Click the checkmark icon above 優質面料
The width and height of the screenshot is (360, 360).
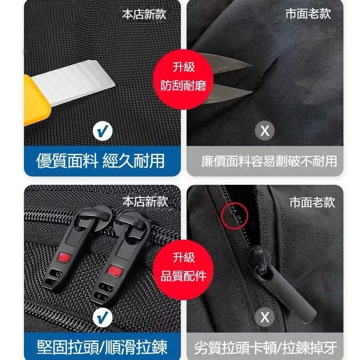[102, 130]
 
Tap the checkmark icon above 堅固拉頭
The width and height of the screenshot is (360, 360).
[102, 318]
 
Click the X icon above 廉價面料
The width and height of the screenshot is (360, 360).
[265, 130]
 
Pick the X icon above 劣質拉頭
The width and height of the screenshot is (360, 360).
[265, 318]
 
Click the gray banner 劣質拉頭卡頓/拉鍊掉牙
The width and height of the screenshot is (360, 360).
[266, 347]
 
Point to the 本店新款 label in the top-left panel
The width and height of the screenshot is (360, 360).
[144, 14]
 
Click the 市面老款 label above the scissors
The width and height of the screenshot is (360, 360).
[308, 14]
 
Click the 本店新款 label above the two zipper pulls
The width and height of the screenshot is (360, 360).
[144, 201]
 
